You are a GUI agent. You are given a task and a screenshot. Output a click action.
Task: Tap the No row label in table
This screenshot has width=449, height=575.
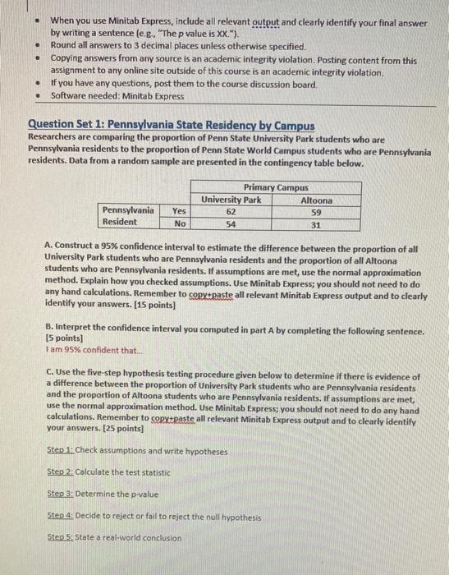point(178,223)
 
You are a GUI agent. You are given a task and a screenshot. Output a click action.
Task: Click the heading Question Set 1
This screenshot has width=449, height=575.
point(171,125)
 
